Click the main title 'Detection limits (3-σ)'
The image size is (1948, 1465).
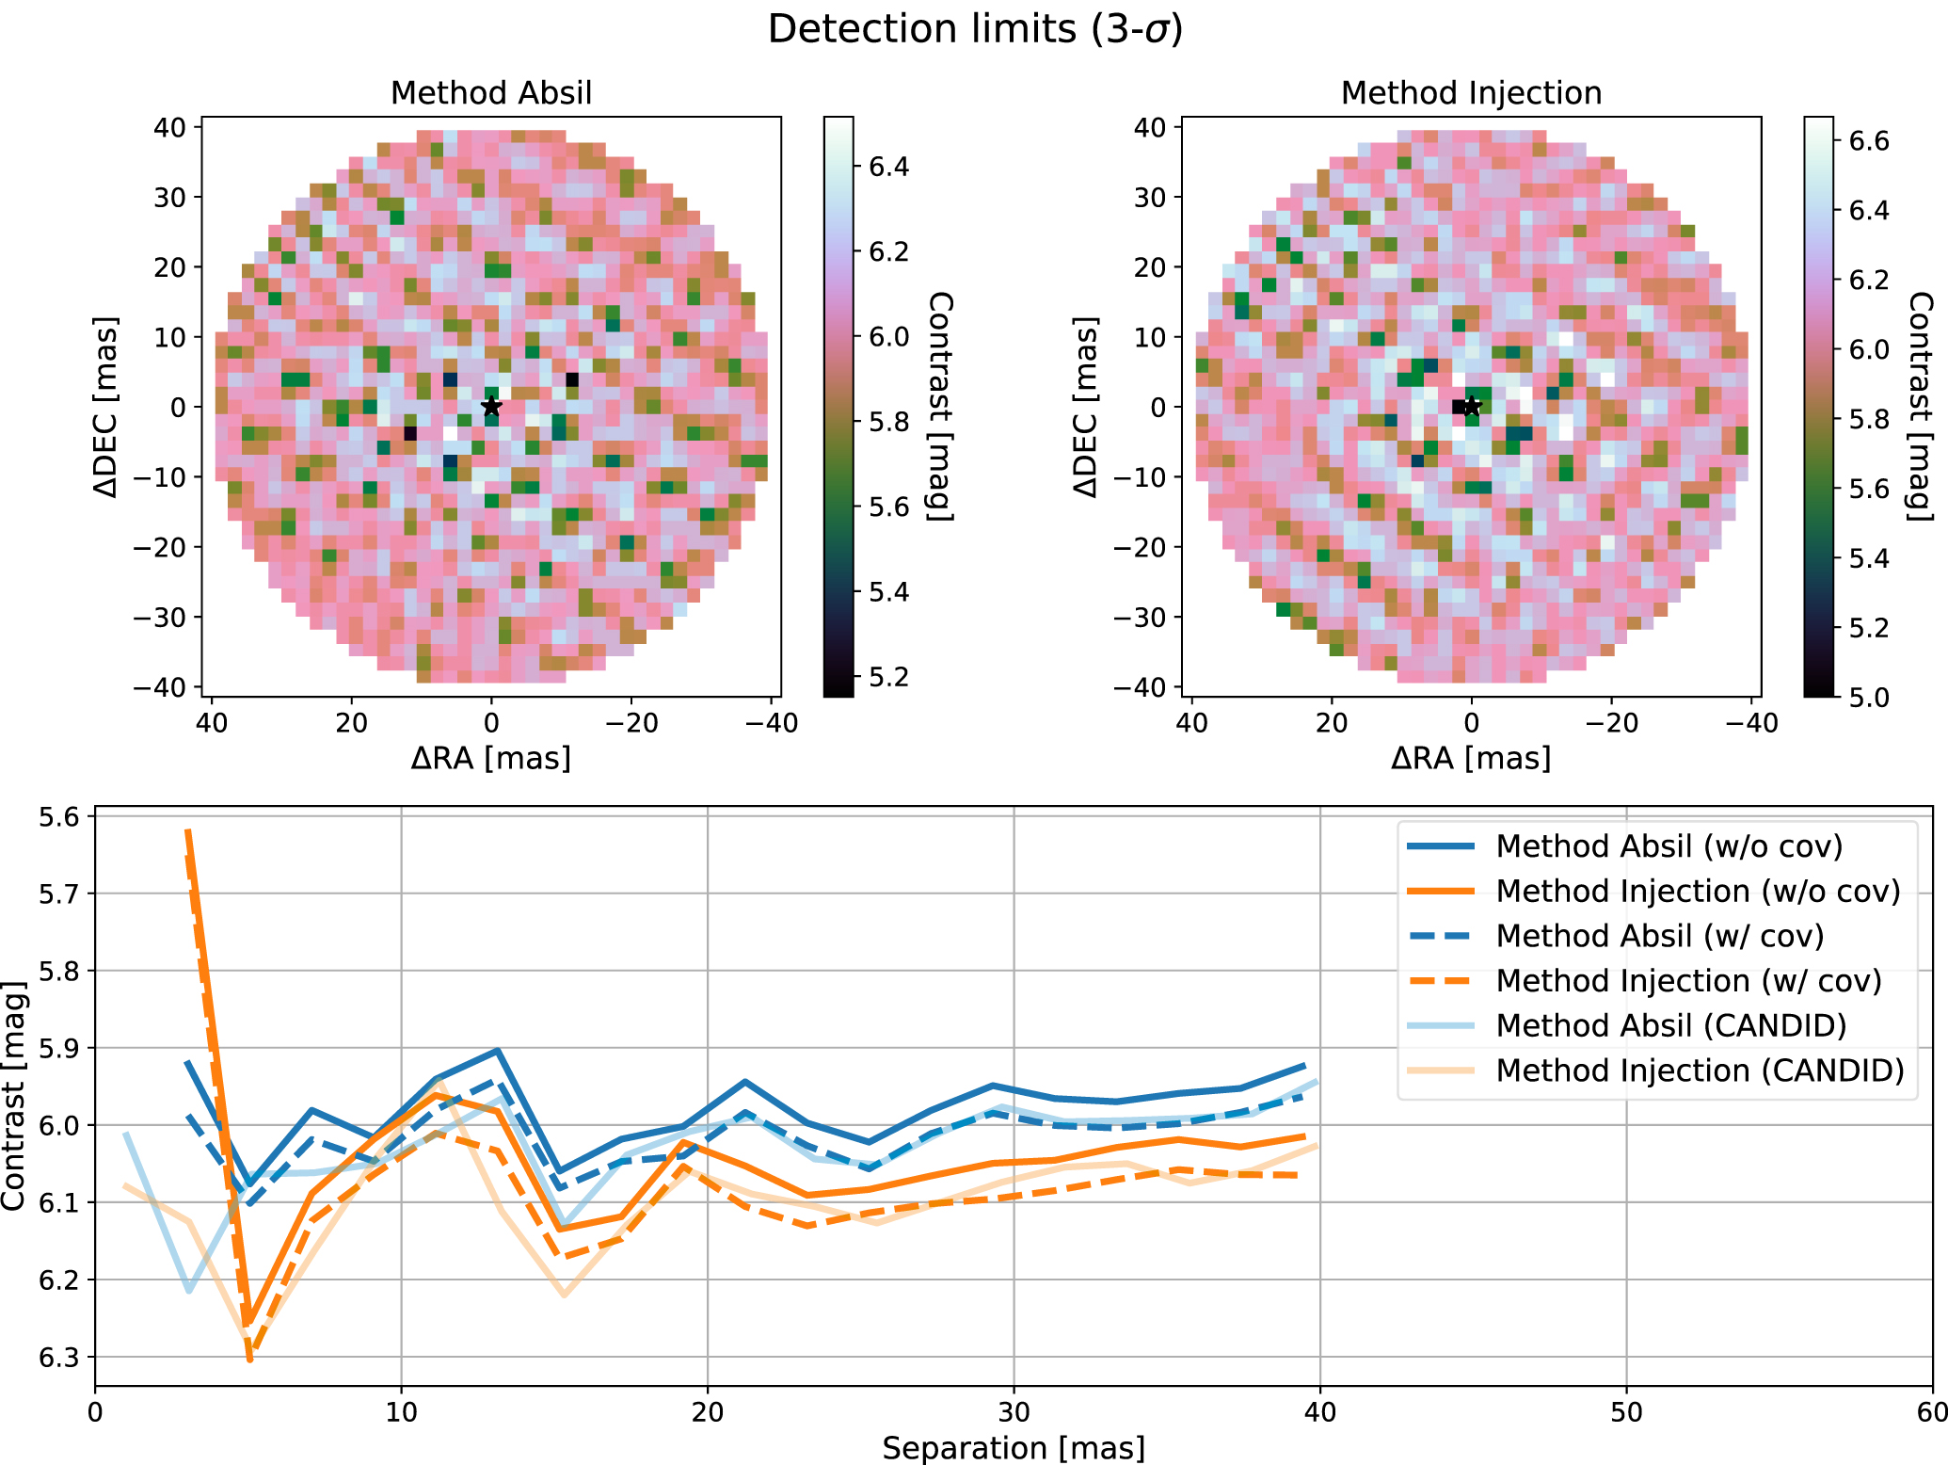tap(975, 28)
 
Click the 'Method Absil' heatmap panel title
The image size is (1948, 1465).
tap(491, 92)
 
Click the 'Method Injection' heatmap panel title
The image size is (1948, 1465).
tap(1471, 92)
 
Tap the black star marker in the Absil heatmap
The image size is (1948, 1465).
tap(491, 407)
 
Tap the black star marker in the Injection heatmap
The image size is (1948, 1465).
tap(1472, 407)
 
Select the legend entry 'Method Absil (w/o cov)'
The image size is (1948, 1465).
tap(1669, 845)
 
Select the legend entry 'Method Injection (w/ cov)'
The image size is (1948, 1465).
tap(1688, 980)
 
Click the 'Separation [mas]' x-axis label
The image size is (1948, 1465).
tap(1014, 1447)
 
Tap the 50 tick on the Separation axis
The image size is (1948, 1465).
tap(1626, 1412)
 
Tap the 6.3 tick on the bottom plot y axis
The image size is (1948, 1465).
tap(59, 1358)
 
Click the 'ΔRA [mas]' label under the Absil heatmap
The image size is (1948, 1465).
tap(491, 758)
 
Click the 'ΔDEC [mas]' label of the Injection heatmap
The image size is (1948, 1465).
tap(1085, 407)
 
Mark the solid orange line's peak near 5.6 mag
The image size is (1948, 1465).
tap(188, 831)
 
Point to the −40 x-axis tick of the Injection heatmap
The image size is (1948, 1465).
tap(1750, 723)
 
